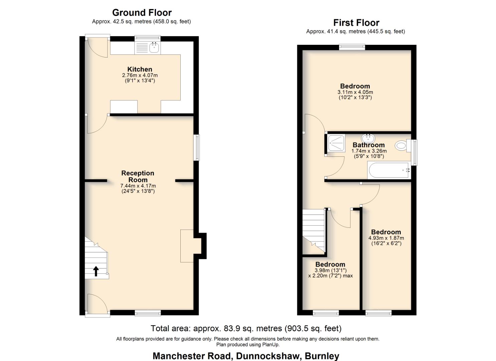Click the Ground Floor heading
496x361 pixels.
pos(142,13)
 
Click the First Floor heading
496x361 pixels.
pos(356,23)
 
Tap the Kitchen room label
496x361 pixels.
pos(140,70)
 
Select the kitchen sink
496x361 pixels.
pos(154,48)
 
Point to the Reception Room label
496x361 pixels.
pos(138,176)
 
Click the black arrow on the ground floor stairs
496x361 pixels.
pos(96,271)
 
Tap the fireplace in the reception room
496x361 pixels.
pos(187,246)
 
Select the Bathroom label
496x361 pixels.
pos(368,145)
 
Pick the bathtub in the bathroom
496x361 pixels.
pos(388,170)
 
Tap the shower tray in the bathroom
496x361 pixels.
pos(336,143)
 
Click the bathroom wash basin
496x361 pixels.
pos(368,138)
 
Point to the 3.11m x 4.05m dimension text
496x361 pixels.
pos(355,92)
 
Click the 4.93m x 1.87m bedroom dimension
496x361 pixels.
pos(386,238)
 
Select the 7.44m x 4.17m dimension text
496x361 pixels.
pos(138,186)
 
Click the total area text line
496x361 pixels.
pos(246,329)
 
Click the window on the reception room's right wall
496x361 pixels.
pos(197,147)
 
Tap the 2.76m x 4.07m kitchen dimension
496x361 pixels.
pos(140,76)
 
